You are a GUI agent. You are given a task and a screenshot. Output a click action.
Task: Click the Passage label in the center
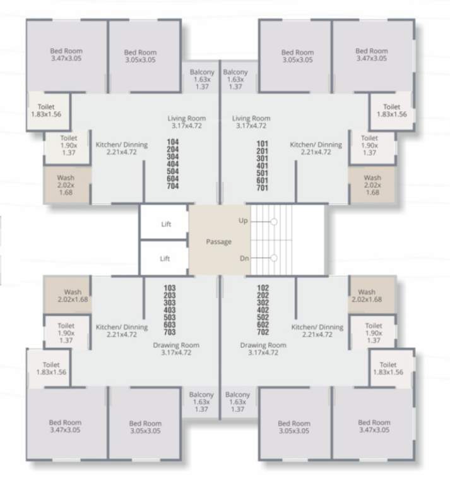(219, 242)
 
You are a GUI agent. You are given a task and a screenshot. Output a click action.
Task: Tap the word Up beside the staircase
(243, 221)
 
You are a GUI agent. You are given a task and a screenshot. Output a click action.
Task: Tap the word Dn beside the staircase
(243, 258)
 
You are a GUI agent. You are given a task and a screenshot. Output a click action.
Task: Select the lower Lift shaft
(165, 258)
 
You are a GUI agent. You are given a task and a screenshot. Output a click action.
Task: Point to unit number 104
(173, 143)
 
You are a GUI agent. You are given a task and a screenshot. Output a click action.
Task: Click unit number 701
(263, 187)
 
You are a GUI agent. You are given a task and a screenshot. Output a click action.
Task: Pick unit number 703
(170, 332)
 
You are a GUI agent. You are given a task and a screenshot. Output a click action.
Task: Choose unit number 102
(263, 288)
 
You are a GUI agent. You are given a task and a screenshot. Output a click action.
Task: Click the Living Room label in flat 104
(186, 122)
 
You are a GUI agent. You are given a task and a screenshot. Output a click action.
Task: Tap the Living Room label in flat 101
(251, 122)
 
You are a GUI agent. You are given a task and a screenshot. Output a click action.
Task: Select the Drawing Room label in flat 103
(176, 349)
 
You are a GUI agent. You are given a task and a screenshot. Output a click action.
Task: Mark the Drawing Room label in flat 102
(263, 349)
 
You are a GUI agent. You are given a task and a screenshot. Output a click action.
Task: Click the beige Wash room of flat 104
(66, 185)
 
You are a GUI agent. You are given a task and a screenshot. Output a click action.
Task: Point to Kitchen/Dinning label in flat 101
(316, 148)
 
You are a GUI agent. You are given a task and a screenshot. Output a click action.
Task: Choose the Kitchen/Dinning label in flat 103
(122, 331)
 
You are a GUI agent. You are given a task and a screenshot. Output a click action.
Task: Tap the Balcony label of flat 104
(202, 80)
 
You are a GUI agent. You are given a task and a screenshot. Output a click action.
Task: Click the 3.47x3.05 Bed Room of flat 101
(371, 54)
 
